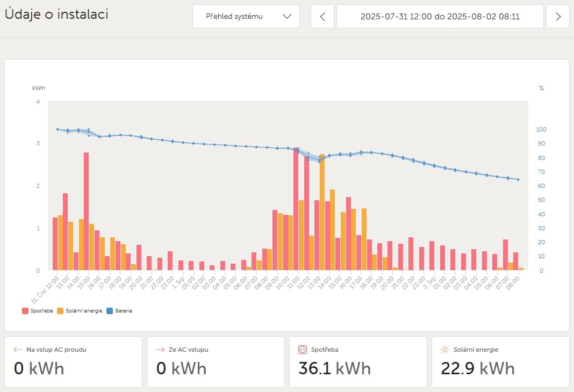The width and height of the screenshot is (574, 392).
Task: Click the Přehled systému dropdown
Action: (246, 17)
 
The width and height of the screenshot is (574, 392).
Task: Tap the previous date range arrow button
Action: (322, 17)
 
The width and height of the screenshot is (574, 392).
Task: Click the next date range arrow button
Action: (558, 17)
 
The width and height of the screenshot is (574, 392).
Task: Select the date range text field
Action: (440, 17)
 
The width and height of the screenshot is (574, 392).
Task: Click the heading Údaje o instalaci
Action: (56, 14)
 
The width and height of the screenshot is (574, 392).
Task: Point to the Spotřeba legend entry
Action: (38, 310)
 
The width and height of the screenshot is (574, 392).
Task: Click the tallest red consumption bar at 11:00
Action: (296, 209)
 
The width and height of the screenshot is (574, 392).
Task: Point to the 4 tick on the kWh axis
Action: (38, 101)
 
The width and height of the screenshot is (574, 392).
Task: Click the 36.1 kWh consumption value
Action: (334, 368)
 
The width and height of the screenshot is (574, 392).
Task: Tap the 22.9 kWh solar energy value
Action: (477, 368)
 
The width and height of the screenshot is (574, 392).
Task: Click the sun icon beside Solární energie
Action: (444, 350)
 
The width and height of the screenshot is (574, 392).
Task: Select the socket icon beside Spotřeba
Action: (302, 350)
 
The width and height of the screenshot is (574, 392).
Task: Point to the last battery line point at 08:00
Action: (518, 179)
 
